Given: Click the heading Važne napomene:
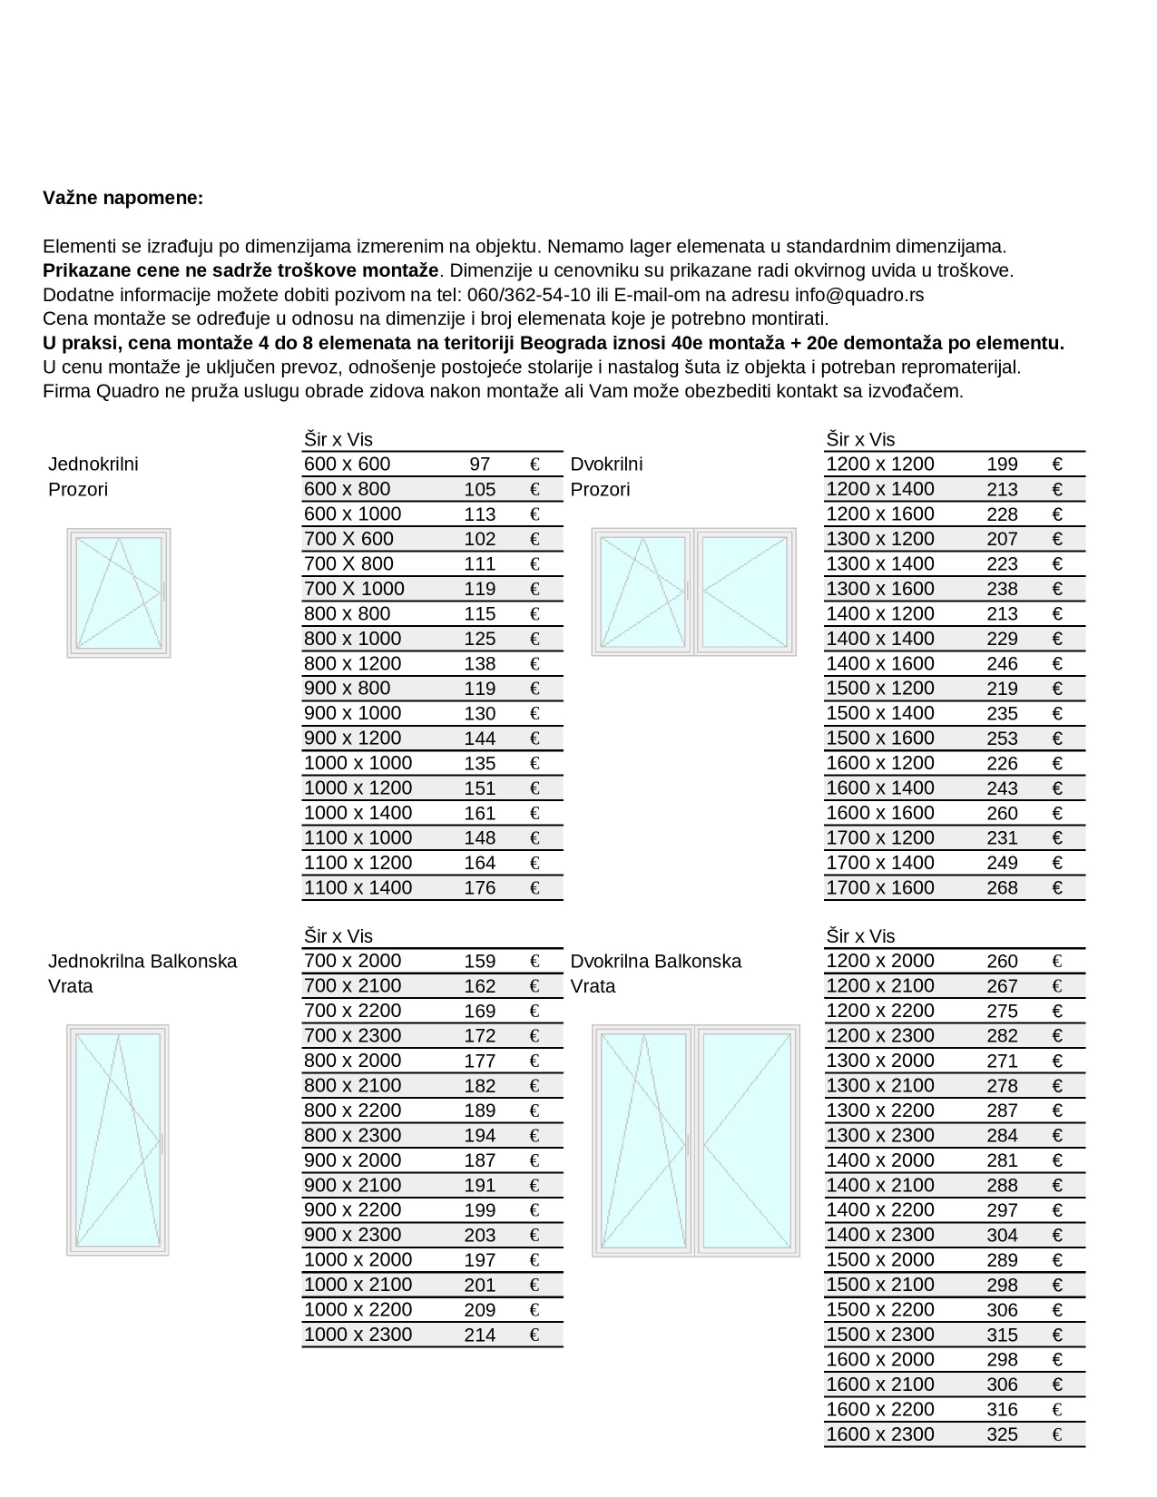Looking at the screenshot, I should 123,198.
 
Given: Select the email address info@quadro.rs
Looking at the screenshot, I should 859,295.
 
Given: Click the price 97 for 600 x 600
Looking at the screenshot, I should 480,465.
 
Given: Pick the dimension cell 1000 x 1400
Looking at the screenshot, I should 358,813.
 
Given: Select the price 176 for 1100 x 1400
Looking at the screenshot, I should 480,888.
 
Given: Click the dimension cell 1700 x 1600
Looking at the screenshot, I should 879,888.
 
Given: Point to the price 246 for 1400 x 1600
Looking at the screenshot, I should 1002,664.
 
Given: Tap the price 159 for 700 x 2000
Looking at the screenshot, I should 480,962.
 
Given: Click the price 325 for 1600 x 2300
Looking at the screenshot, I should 1002,1435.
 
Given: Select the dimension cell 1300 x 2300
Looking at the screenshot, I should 879,1135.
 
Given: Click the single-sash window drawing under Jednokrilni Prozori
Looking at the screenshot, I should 119,592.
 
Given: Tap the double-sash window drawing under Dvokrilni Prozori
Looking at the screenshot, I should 693,592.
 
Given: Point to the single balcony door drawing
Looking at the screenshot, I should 118,1140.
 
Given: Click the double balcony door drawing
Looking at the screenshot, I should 696,1140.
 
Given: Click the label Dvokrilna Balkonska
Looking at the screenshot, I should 655,962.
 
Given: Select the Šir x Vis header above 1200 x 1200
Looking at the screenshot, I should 859,440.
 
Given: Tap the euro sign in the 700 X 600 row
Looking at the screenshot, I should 534,539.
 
